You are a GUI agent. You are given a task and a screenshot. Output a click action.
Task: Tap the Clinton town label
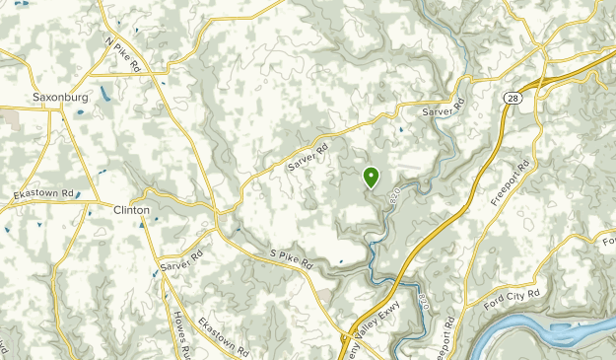pos(131,210)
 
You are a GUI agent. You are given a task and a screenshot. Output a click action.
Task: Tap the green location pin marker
pos(372,177)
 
